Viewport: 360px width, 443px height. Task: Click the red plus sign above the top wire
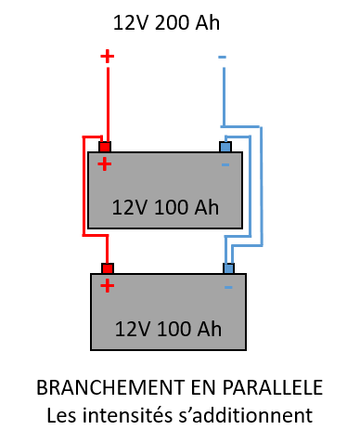pyautogui.click(x=108, y=56)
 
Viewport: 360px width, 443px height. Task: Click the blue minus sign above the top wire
pyautogui.click(x=222, y=58)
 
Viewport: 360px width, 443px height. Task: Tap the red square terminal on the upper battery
pyautogui.click(x=105, y=147)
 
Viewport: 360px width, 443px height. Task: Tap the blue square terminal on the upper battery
pyautogui.click(x=225, y=147)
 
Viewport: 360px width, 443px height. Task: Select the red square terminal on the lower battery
pyautogui.click(x=108, y=268)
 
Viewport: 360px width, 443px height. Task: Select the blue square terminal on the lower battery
pyautogui.click(x=228, y=268)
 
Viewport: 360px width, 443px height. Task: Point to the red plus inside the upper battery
pyautogui.click(x=105, y=164)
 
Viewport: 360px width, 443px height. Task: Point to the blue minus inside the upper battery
pyautogui.click(x=225, y=165)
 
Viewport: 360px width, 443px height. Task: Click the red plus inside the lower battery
pyautogui.click(x=108, y=285)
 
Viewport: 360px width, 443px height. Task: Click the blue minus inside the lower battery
pyautogui.click(x=228, y=287)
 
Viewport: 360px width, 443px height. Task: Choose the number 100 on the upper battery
pyautogui.click(x=172, y=208)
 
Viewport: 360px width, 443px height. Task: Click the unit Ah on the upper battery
pyautogui.click(x=207, y=208)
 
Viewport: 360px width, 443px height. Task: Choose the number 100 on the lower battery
pyautogui.click(x=174, y=330)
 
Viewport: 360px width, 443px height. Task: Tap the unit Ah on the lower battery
pyautogui.click(x=210, y=330)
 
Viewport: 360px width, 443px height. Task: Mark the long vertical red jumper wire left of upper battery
pyautogui.click(x=84, y=186)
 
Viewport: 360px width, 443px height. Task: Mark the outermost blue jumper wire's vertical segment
pyautogui.click(x=262, y=186)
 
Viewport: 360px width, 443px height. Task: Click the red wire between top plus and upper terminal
pyautogui.click(x=108, y=102)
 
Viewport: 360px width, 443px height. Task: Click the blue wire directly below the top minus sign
pyautogui.click(x=224, y=93)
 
